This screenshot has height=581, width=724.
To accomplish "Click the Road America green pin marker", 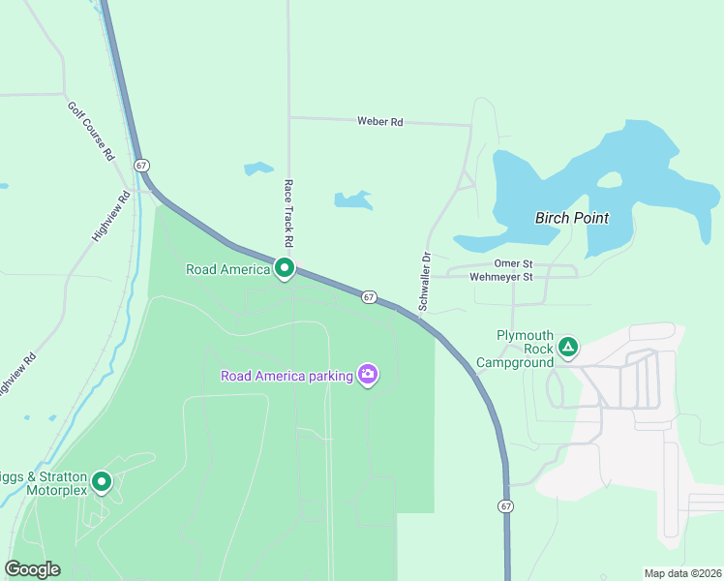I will [x=284, y=268].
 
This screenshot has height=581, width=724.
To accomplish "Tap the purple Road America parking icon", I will [x=367, y=375].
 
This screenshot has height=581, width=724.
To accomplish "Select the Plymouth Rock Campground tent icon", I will [x=567, y=346].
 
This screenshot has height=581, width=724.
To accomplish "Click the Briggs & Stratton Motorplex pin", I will [x=101, y=481].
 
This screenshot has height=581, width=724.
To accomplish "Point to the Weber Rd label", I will [x=379, y=122].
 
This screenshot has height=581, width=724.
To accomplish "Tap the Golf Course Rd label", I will [x=91, y=130].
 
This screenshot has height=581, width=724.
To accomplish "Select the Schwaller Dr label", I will [x=423, y=282].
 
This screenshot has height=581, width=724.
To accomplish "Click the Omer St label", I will [x=513, y=263].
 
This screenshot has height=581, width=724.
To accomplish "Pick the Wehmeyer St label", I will [x=500, y=277].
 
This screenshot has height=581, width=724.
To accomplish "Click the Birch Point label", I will [x=572, y=218].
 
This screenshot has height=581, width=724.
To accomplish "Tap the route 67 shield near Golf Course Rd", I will [x=142, y=166].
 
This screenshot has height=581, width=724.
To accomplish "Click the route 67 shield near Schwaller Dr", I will [x=369, y=296].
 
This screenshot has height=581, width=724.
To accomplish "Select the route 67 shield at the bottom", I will [x=505, y=506].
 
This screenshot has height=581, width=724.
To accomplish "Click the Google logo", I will [x=33, y=569].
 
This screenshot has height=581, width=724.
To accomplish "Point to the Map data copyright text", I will [x=682, y=573].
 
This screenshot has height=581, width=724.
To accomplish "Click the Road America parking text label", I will [x=286, y=376].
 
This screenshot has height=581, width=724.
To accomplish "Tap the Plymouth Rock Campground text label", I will [x=524, y=349].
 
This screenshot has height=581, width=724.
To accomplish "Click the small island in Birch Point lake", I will [x=610, y=180].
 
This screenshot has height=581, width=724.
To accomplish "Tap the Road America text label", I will [x=227, y=269].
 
